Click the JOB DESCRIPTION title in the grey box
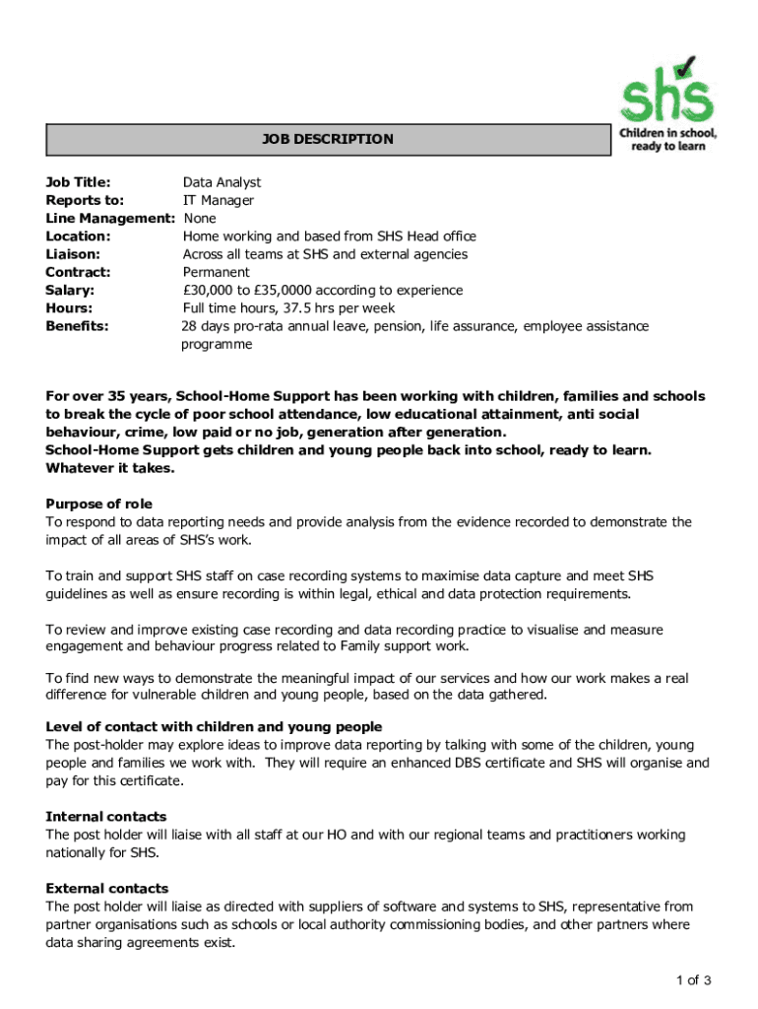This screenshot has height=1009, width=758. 327,139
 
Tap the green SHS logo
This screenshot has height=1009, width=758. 666,89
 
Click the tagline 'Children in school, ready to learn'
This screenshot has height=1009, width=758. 667,139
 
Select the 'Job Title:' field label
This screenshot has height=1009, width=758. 78,182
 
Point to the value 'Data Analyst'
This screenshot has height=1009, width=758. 221,182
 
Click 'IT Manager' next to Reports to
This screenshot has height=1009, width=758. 219,200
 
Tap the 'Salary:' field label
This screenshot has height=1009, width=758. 71,290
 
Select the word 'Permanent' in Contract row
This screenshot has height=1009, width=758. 217,272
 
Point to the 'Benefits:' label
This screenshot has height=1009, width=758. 77,325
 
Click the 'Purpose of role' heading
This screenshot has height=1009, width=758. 98,504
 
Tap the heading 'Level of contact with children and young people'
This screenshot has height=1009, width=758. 214,727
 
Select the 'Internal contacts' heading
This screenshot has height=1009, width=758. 105,816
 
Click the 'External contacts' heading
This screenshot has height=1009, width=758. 106,888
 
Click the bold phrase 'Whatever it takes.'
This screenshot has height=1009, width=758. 110,468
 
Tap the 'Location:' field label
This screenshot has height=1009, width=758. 78,235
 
